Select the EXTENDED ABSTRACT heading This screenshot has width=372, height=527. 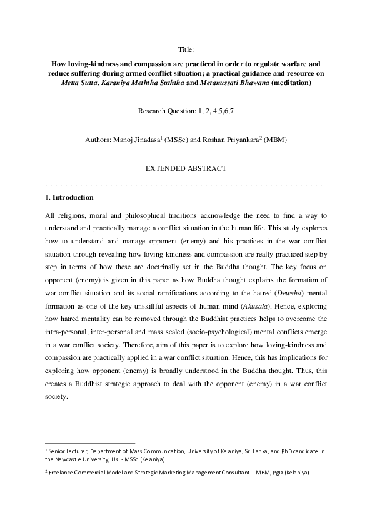tap(186, 169)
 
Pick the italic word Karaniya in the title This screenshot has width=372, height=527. tap(112, 83)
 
